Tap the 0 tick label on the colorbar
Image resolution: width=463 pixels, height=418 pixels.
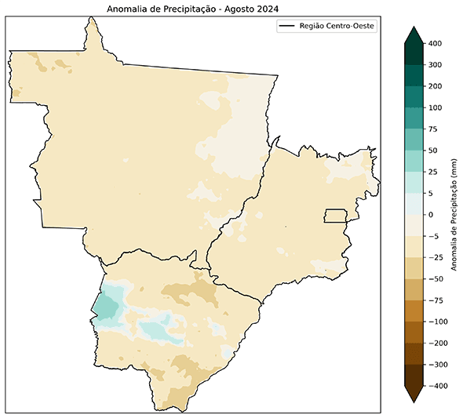(x=430, y=214)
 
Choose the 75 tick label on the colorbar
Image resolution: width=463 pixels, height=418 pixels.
(x=432, y=129)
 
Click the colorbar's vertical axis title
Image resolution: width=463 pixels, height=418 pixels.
(x=454, y=214)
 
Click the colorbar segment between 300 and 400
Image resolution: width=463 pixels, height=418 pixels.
(x=415, y=54)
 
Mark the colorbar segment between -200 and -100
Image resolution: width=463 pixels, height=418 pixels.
(x=415, y=333)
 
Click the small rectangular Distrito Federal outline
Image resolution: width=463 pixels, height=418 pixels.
(x=337, y=216)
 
